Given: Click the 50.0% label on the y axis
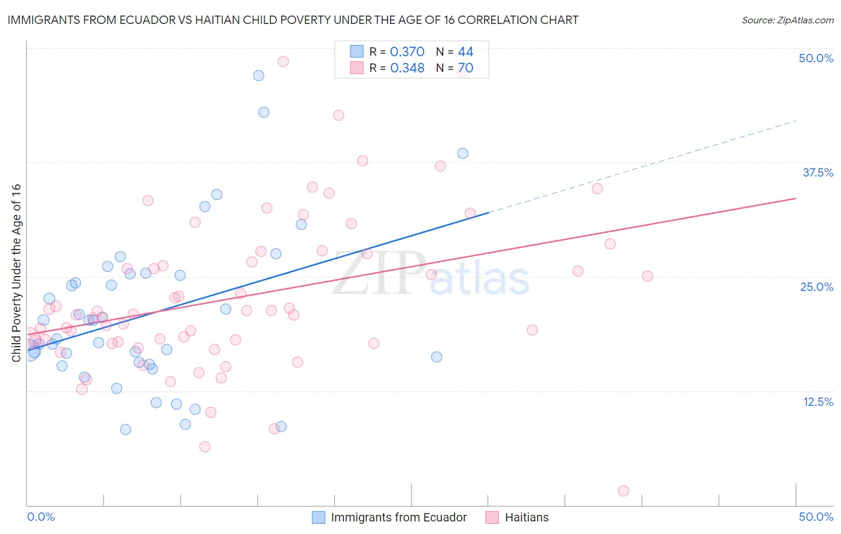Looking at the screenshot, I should [816, 58].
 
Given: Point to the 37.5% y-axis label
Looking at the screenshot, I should [818, 172].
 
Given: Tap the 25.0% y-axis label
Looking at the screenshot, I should [816, 287].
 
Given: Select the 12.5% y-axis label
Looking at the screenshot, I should [818, 402].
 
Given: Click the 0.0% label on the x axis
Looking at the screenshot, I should [41, 517].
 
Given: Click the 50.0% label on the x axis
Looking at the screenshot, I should [816, 517].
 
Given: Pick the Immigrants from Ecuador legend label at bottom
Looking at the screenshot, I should [398, 517].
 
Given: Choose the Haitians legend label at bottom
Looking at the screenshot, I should [526, 517].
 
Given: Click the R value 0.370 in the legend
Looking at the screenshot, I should [407, 52].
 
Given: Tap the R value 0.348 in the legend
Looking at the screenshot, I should [407, 68].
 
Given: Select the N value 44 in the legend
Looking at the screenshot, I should [465, 52].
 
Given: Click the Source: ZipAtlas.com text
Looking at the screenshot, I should [787, 20].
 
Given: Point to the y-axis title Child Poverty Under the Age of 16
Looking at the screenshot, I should [17, 272].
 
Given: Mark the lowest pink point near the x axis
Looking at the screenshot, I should [623, 491].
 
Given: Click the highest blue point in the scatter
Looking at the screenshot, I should [258, 75].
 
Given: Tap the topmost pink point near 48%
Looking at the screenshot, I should [284, 61].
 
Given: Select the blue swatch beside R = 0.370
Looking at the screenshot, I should [356, 51].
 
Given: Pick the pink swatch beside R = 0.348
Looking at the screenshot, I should [356, 68].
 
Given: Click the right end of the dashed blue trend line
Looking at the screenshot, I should [796, 121].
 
